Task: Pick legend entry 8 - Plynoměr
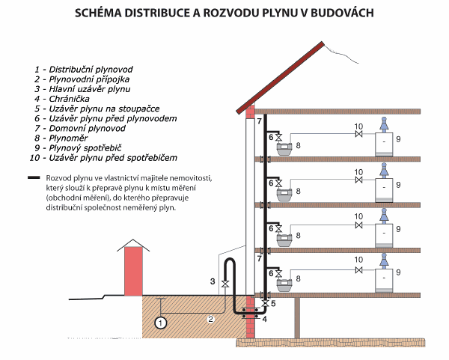pos(61,138)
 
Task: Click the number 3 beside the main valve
pos(213,281)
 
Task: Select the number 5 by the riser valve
pos(273,303)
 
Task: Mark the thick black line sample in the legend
pos(32,178)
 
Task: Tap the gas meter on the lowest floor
pos(284,281)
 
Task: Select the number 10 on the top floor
pos(358,126)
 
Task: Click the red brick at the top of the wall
pos(251,113)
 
